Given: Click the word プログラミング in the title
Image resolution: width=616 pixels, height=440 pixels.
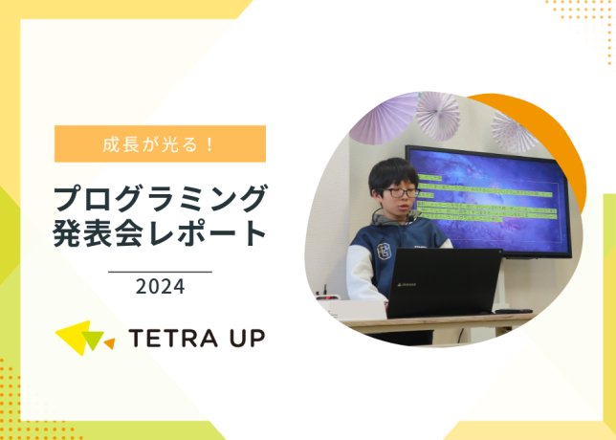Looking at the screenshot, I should (x=160, y=198).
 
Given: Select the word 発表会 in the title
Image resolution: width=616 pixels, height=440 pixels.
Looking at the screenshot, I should (x=91, y=234).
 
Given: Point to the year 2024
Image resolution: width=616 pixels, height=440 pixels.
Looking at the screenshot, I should (x=160, y=286).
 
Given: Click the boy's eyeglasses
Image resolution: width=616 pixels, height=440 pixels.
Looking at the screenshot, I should (x=403, y=192).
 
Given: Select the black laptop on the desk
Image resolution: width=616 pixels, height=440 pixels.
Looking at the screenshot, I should (x=443, y=283).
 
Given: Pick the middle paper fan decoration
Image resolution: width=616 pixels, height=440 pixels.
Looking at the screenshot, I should (x=438, y=114).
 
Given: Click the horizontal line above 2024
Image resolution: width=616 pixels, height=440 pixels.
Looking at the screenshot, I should (x=160, y=272).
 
